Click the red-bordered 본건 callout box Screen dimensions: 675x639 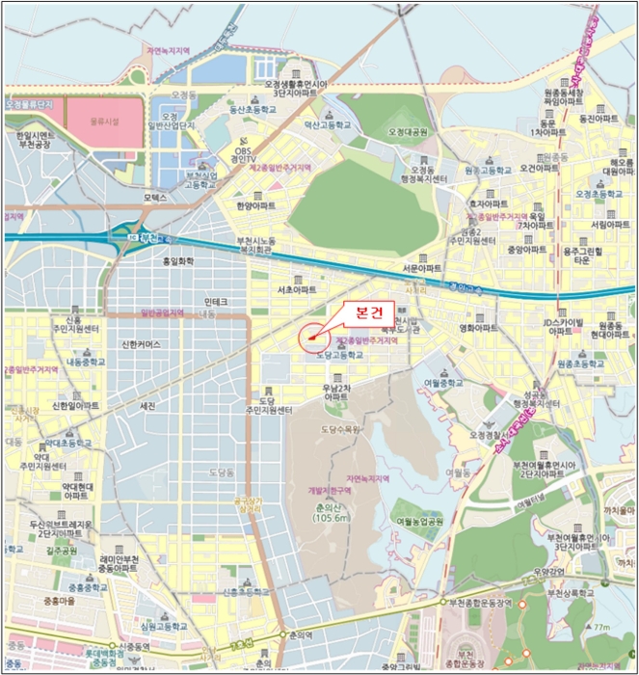[362, 312]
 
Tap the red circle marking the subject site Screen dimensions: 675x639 [311, 337]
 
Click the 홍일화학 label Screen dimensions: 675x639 [176, 260]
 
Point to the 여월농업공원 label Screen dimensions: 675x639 [419, 521]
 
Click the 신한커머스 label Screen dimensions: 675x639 [142, 344]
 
